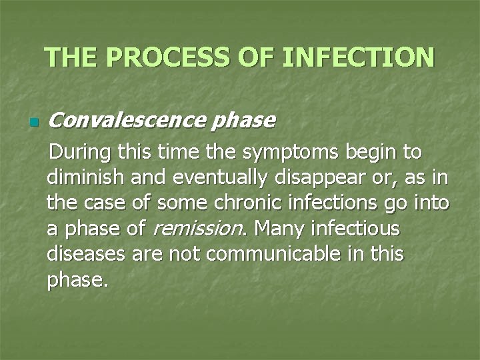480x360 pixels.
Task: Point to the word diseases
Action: point(83,255)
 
